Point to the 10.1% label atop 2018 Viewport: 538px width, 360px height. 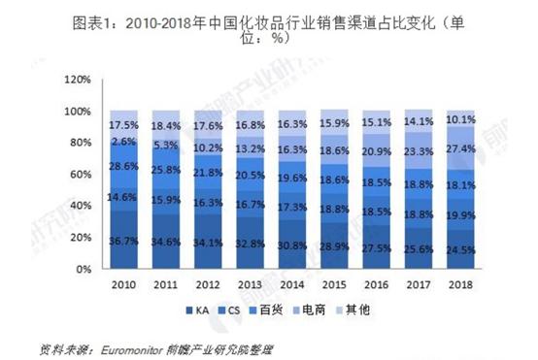pyautogui.click(x=460, y=120)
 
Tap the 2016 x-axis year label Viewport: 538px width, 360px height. pyautogui.click(x=377, y=286)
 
